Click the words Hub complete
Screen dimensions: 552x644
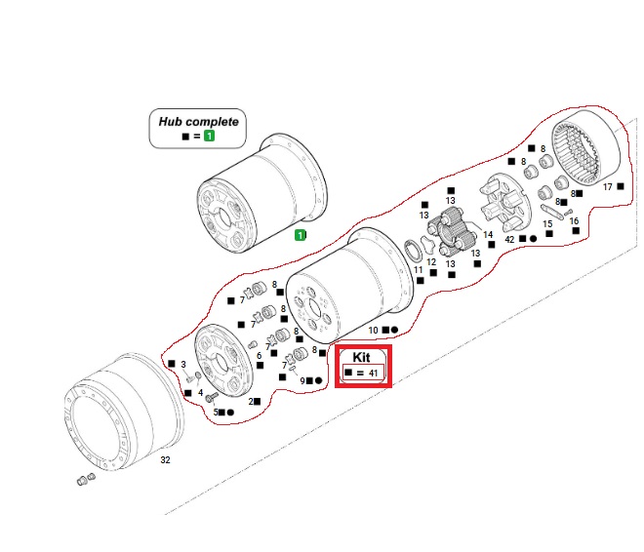point(198,123)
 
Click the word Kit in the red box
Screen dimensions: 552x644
point(362,358)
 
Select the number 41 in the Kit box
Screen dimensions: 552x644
point(373,374)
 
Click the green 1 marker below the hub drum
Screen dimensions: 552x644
point(301,235)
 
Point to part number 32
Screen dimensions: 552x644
point(165,457)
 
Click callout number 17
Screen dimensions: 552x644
point(607,186)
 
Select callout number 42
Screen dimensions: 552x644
point(509,239)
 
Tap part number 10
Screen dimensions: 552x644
point(373,331)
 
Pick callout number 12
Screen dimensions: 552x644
point(430,262)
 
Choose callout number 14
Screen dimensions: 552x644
point(489,235)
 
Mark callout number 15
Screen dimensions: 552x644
point(547,223)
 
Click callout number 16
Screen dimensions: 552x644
point(574,221)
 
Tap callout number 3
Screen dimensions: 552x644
point(182,364)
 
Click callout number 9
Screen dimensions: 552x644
point(303,379)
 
